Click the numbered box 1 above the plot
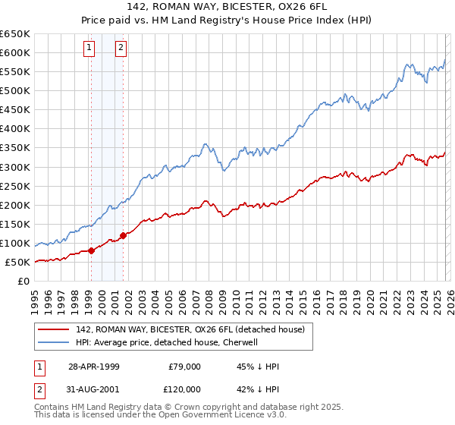(x=89, y=49)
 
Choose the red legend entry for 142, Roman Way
(x=190, y=329)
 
